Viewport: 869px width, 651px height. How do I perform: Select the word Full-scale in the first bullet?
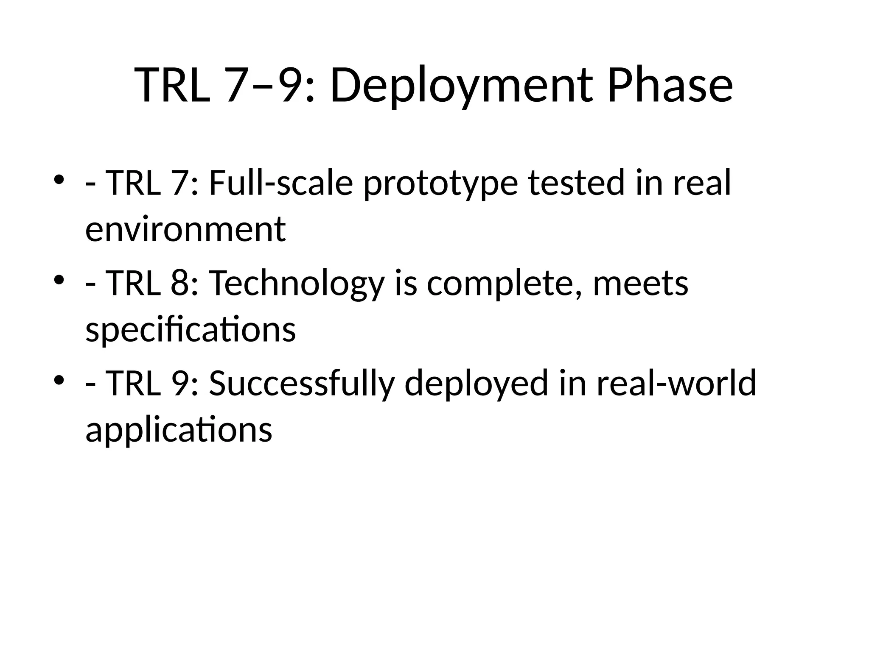[281, 183]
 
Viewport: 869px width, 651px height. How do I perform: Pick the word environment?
[185, 229]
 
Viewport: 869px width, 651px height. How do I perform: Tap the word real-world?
[676, 383]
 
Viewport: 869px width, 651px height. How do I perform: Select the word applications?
[179, 430]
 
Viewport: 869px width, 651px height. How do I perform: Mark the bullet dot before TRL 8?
[59, 280]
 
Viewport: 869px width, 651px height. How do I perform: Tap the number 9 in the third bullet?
[180, 383]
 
